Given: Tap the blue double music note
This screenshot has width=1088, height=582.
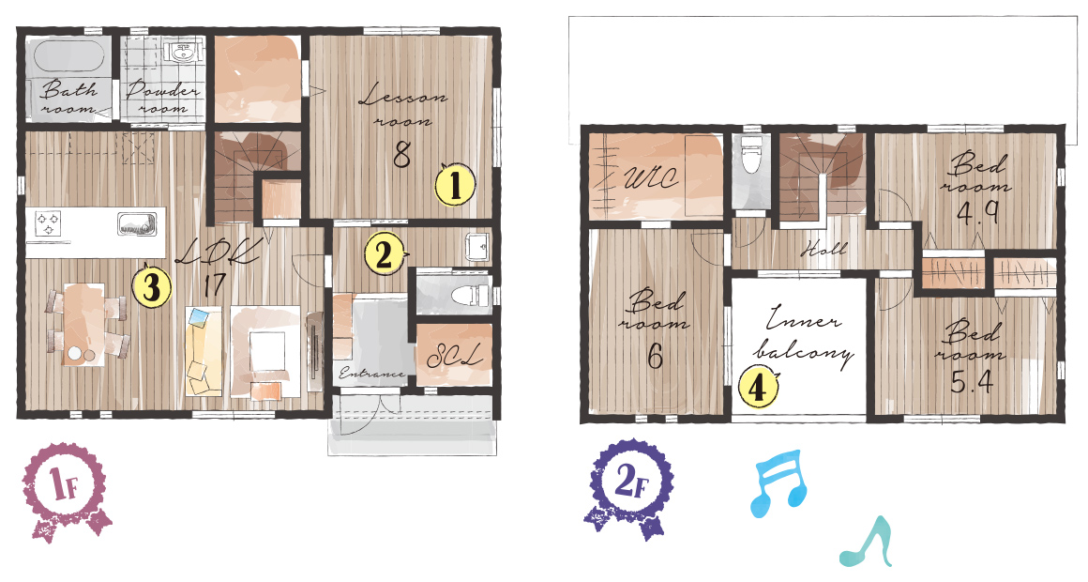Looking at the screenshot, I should tap(779, 482).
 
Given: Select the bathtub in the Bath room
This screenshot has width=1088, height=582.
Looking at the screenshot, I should tap(66, 56).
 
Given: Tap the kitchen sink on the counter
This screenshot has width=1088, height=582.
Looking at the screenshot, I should tap(137, 225).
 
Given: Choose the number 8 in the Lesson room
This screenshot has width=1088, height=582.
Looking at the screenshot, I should tap(402, 153).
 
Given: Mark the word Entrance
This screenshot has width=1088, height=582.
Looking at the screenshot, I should tap(371, 374).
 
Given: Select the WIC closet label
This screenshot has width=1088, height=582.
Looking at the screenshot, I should tap(650, 178).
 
